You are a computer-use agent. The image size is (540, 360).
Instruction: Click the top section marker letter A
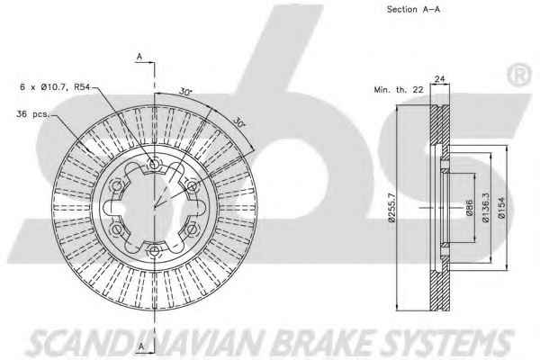point(140,57)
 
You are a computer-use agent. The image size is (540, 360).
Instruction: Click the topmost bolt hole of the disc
point(154,163)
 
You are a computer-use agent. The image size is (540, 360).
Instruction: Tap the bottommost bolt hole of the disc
point(154,249)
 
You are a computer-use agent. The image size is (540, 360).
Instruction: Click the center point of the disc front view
point(154,206)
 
